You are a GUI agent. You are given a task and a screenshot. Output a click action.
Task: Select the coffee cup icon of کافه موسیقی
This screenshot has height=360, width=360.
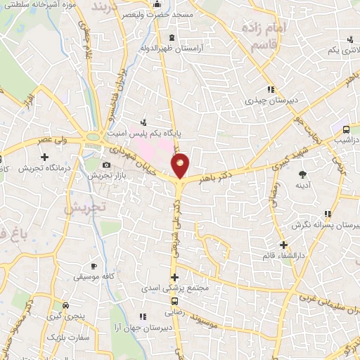coord(94,266)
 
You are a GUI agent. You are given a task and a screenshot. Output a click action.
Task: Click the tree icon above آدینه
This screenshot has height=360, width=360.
coord(303,173)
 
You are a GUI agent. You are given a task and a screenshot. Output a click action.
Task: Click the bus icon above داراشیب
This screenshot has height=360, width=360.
coord(346,129)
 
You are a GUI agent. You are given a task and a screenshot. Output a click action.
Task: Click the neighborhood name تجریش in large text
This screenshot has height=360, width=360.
coord(84,207)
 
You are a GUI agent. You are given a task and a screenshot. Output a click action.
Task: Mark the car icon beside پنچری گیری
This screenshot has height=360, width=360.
coord(65,305)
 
